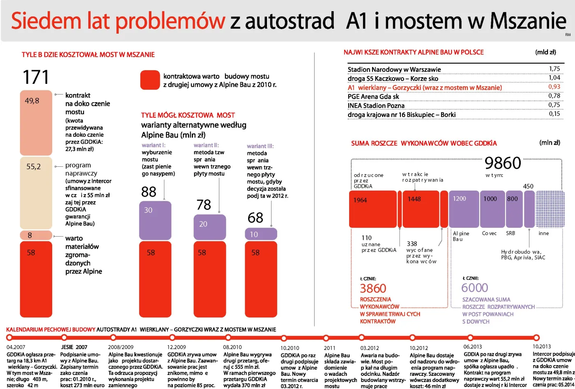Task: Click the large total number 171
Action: coord(36,77)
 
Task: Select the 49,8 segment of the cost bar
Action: coord(36,122)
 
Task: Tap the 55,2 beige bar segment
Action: coord(36,192)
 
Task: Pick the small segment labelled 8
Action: coord(36,235)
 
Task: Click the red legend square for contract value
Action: coord(150,80)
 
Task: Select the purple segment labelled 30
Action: coord(155,220)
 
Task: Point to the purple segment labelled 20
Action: coord(209,227)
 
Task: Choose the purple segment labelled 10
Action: coord(261,234)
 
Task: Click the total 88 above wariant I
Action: coord(149,192)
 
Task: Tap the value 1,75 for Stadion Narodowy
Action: coord(554,69)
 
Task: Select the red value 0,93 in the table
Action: coord(554,87)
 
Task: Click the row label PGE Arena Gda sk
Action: coord(373,97)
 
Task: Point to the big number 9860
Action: coord(503,163)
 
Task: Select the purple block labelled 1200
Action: coord(464,209)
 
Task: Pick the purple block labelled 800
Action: coord(514,209)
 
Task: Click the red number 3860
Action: coord(373,288)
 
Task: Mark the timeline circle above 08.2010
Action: coord(228,338)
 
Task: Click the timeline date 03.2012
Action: coord(370,348)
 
